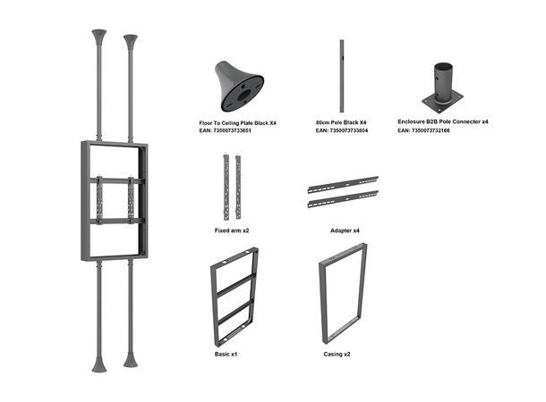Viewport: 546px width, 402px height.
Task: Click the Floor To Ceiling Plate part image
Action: [x=237, y=86]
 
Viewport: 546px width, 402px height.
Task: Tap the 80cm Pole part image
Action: [x=342, y=76]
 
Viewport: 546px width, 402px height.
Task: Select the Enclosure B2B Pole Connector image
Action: [x=442, y=88]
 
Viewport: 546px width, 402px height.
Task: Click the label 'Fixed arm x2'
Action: [x=232, y=230]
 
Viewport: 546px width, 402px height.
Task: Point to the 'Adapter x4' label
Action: [x=344, y=230]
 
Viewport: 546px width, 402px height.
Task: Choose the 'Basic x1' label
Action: [x=226, y=354]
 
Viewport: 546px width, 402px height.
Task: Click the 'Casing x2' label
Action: [x=337, y=354]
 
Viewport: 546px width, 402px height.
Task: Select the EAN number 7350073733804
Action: [x=342, y=130]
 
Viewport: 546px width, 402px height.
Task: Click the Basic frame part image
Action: [x=235, y=296]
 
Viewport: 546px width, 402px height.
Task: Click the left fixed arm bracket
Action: [x=226, y=187]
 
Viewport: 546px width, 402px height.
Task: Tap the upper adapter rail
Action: [x=343, y=185]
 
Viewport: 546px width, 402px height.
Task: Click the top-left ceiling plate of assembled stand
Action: [x=98, y=37]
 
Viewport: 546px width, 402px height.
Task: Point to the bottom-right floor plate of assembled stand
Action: [x=131, y=361]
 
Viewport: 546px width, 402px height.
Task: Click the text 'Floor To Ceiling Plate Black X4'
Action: [x=237, y=121]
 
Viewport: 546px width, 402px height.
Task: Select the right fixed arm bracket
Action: [x=238, y=187]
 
